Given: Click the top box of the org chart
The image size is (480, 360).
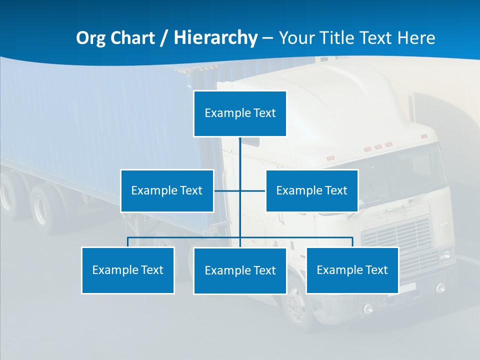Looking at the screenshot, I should coord(240,113).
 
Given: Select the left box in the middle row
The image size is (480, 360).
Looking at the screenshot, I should coord(167,190).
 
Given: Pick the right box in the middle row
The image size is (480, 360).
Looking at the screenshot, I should coord(311,190).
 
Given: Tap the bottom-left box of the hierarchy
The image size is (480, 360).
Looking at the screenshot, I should coord(128,270).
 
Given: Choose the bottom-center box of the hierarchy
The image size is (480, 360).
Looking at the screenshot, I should coord(240,270).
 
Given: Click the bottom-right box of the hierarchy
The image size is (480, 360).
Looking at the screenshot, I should coord(352,270).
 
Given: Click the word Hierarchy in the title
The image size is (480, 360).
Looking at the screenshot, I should coord(215,37).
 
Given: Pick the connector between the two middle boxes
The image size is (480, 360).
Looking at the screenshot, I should coord(240,190).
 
